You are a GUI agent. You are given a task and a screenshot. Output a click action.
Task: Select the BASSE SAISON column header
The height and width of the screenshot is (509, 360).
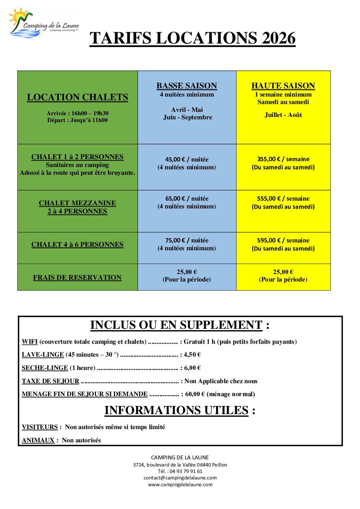[187, 86]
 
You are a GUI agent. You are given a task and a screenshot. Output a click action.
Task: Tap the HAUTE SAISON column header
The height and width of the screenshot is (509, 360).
[283, 86]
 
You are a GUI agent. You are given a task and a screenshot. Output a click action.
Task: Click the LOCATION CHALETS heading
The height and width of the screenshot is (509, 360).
[78, 97]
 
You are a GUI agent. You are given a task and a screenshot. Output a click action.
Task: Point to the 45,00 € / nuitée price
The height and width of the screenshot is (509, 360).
[187, 159]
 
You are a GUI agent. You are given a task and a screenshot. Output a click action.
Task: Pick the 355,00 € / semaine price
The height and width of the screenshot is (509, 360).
[283, 159]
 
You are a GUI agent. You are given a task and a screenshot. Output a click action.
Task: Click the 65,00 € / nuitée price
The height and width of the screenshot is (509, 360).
[187, 199]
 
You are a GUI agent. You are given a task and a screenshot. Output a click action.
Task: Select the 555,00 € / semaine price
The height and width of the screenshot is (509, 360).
[283, 199]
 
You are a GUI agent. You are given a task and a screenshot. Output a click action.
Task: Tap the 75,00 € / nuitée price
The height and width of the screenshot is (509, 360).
[187, 240]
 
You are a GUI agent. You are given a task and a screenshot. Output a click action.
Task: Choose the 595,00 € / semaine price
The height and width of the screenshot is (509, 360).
[283, 240]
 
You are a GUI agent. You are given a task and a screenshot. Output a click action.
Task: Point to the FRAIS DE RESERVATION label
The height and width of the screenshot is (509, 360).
[78, 277]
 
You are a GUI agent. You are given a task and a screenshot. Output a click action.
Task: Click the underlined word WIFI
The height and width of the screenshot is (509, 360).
[30, 342]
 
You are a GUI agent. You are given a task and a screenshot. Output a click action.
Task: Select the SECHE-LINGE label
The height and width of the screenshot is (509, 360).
[45, 368]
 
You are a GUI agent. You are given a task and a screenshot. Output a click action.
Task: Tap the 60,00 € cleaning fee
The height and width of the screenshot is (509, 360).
[195, 394]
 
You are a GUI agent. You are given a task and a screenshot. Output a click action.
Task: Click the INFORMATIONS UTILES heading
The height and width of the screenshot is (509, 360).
[177, 410]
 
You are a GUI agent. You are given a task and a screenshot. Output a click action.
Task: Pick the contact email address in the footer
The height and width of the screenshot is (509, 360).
[180, 478]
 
